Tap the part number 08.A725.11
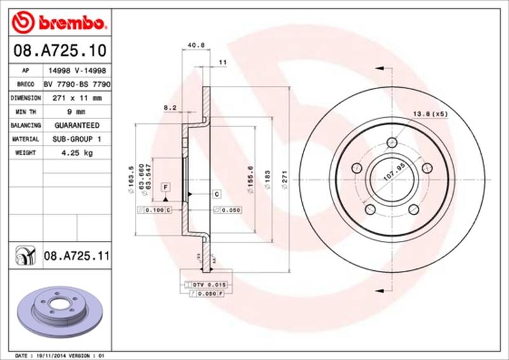pos(77,257)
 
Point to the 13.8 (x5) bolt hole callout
pos(431,113)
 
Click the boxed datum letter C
pos(217,193)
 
